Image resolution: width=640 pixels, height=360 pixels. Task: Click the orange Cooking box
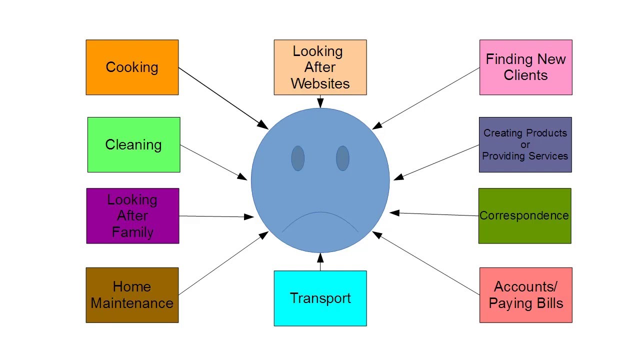[x=132, y=67]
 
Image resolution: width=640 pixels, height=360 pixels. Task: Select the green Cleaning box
[x=133, y=145]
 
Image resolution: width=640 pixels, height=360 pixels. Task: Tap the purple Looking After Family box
[x=132, y=216]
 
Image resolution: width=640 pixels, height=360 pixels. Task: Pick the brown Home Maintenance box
[x=132, y=295]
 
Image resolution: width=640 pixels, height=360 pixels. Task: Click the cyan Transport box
[x=320, y=298]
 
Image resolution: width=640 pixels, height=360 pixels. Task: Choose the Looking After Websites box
[x=320, y=67]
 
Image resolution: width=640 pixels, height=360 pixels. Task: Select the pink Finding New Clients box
[x=525, y=67]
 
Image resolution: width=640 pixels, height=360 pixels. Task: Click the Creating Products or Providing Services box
[x=525, y=145]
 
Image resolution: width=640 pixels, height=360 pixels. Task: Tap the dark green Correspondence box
[x=524, y=216]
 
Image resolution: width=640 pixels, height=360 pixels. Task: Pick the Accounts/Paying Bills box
[x=525, y=295]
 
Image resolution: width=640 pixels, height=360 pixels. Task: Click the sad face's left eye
[x=297, y=158]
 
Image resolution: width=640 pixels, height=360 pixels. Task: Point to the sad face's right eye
[x=342, y=158]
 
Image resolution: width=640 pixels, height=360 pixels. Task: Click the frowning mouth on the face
[x=320, y=220]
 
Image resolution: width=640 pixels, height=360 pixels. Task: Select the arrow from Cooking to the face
[x=222, y=98]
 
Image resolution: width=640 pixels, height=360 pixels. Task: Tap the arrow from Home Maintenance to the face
[x=222, y=263]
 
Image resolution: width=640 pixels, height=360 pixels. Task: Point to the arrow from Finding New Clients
[x=426, y=98]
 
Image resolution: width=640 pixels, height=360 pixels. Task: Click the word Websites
[x=320, y=83]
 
